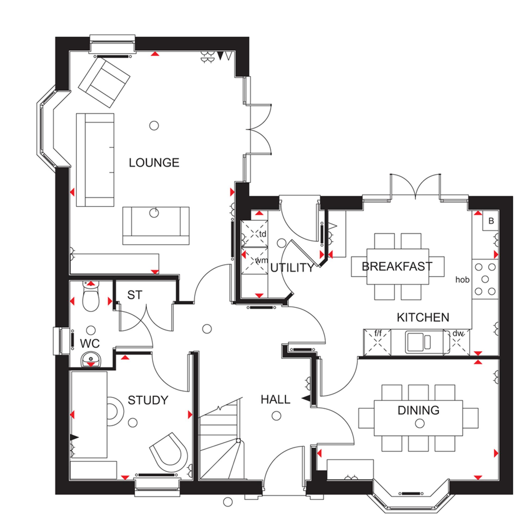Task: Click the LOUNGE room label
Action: (154, 163)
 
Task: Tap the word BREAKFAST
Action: (397, 266)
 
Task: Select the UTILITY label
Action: (292, 268)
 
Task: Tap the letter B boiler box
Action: (491, 221)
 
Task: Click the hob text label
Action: (462, 280)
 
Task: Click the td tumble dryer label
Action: (262, 234)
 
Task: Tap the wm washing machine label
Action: (261, 260)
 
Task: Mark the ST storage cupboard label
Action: (135, 295)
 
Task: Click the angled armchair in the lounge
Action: (104, 83)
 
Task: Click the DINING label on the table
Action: (418, 410)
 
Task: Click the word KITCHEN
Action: (423, 317)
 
